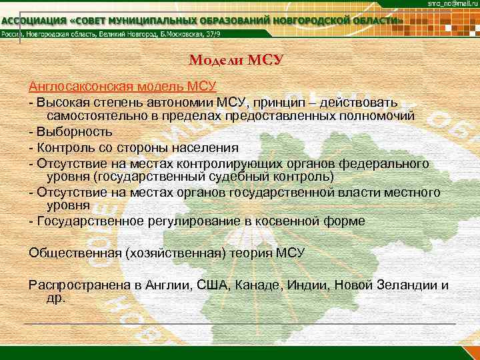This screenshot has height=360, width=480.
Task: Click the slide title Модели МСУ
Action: click(237, 61)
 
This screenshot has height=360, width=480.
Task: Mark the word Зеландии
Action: click(405, 285)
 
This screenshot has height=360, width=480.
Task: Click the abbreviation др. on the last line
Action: click(56, 298)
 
